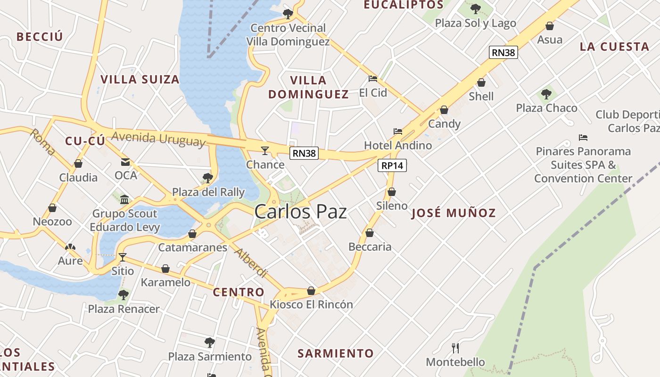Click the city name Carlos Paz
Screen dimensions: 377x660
click(x=300, y=212)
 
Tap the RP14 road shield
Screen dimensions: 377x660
click(x=392, y=165)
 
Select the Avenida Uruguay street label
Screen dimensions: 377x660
click(x=158, y=139)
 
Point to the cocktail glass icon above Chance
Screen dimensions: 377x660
click(x=265, y=151)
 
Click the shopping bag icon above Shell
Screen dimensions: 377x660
click(x=481, y=83)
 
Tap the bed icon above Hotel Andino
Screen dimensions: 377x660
click(x=398, y=131)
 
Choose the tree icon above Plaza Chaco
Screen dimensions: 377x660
click(x=546, y=94)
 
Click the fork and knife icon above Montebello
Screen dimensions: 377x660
click(x=455, y=348)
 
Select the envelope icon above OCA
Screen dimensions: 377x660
click(x=125, y=162)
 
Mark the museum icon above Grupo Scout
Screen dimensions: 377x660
click(x=124, y=200)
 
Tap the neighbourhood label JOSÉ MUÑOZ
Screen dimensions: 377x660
click(x=454, y=213)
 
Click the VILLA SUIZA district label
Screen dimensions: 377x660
click(x=140, y=79)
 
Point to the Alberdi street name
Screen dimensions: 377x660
click(x=251, y=263)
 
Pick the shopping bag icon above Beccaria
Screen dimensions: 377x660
click(x=370, y=233)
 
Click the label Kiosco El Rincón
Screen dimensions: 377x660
click(x=311, y=304)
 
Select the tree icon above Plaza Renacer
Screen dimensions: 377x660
click(x=124, y=295)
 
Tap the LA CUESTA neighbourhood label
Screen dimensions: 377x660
click(x=614, y=47)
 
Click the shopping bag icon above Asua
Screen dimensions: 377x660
click(x=550, y=26)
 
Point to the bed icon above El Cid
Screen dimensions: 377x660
click(x=373, y=79)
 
